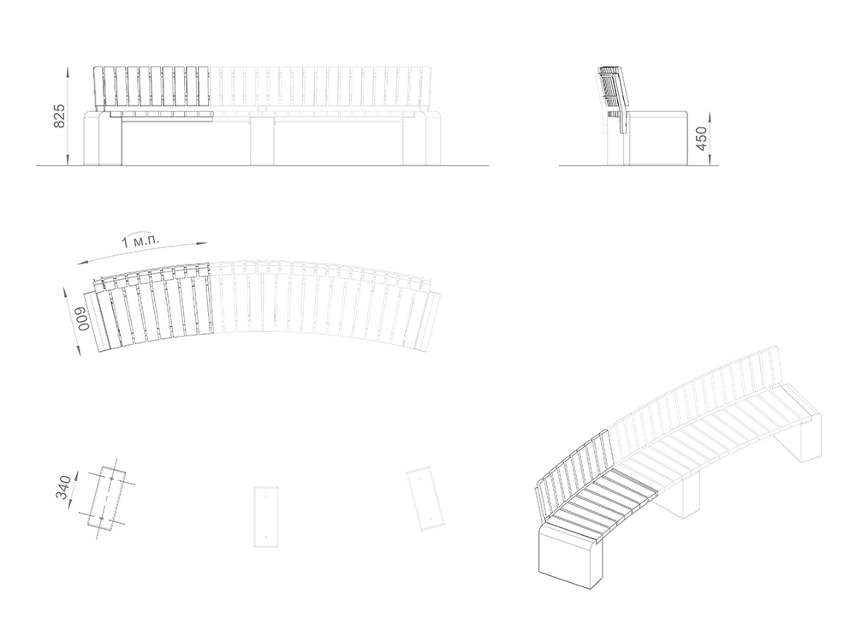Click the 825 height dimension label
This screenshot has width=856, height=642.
point(59,116)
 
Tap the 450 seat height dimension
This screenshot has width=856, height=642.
point(702,139)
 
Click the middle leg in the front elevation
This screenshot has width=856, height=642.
point(264,140)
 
